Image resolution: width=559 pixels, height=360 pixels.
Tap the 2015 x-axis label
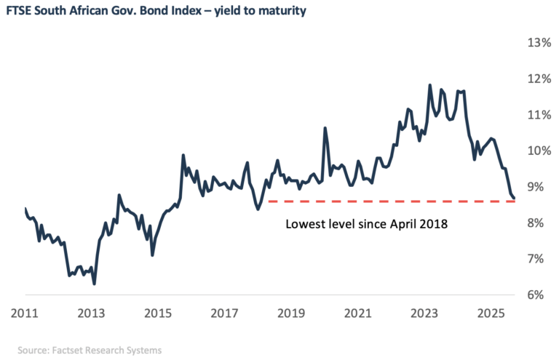click(x=156, y=314)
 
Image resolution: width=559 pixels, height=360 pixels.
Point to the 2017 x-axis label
click(x=223, y=314)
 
